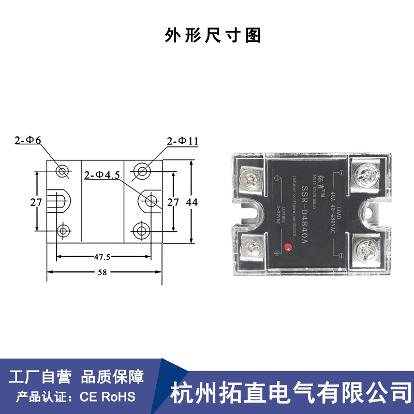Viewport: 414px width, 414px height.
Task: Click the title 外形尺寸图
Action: coord(211,35)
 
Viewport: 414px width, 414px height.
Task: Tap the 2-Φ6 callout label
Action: coord(28,140)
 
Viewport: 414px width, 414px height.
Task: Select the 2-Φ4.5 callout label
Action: coord(102,175)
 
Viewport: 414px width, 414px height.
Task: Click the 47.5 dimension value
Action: coord(102,256)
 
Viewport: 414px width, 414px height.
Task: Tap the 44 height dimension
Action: coord(192,202)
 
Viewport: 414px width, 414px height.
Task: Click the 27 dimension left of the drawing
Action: coord(36,202)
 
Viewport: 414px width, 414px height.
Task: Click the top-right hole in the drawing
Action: coord(141,171)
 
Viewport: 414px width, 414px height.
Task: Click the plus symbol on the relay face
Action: coord(277,253)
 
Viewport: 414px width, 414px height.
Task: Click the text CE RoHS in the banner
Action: coord(107,397)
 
